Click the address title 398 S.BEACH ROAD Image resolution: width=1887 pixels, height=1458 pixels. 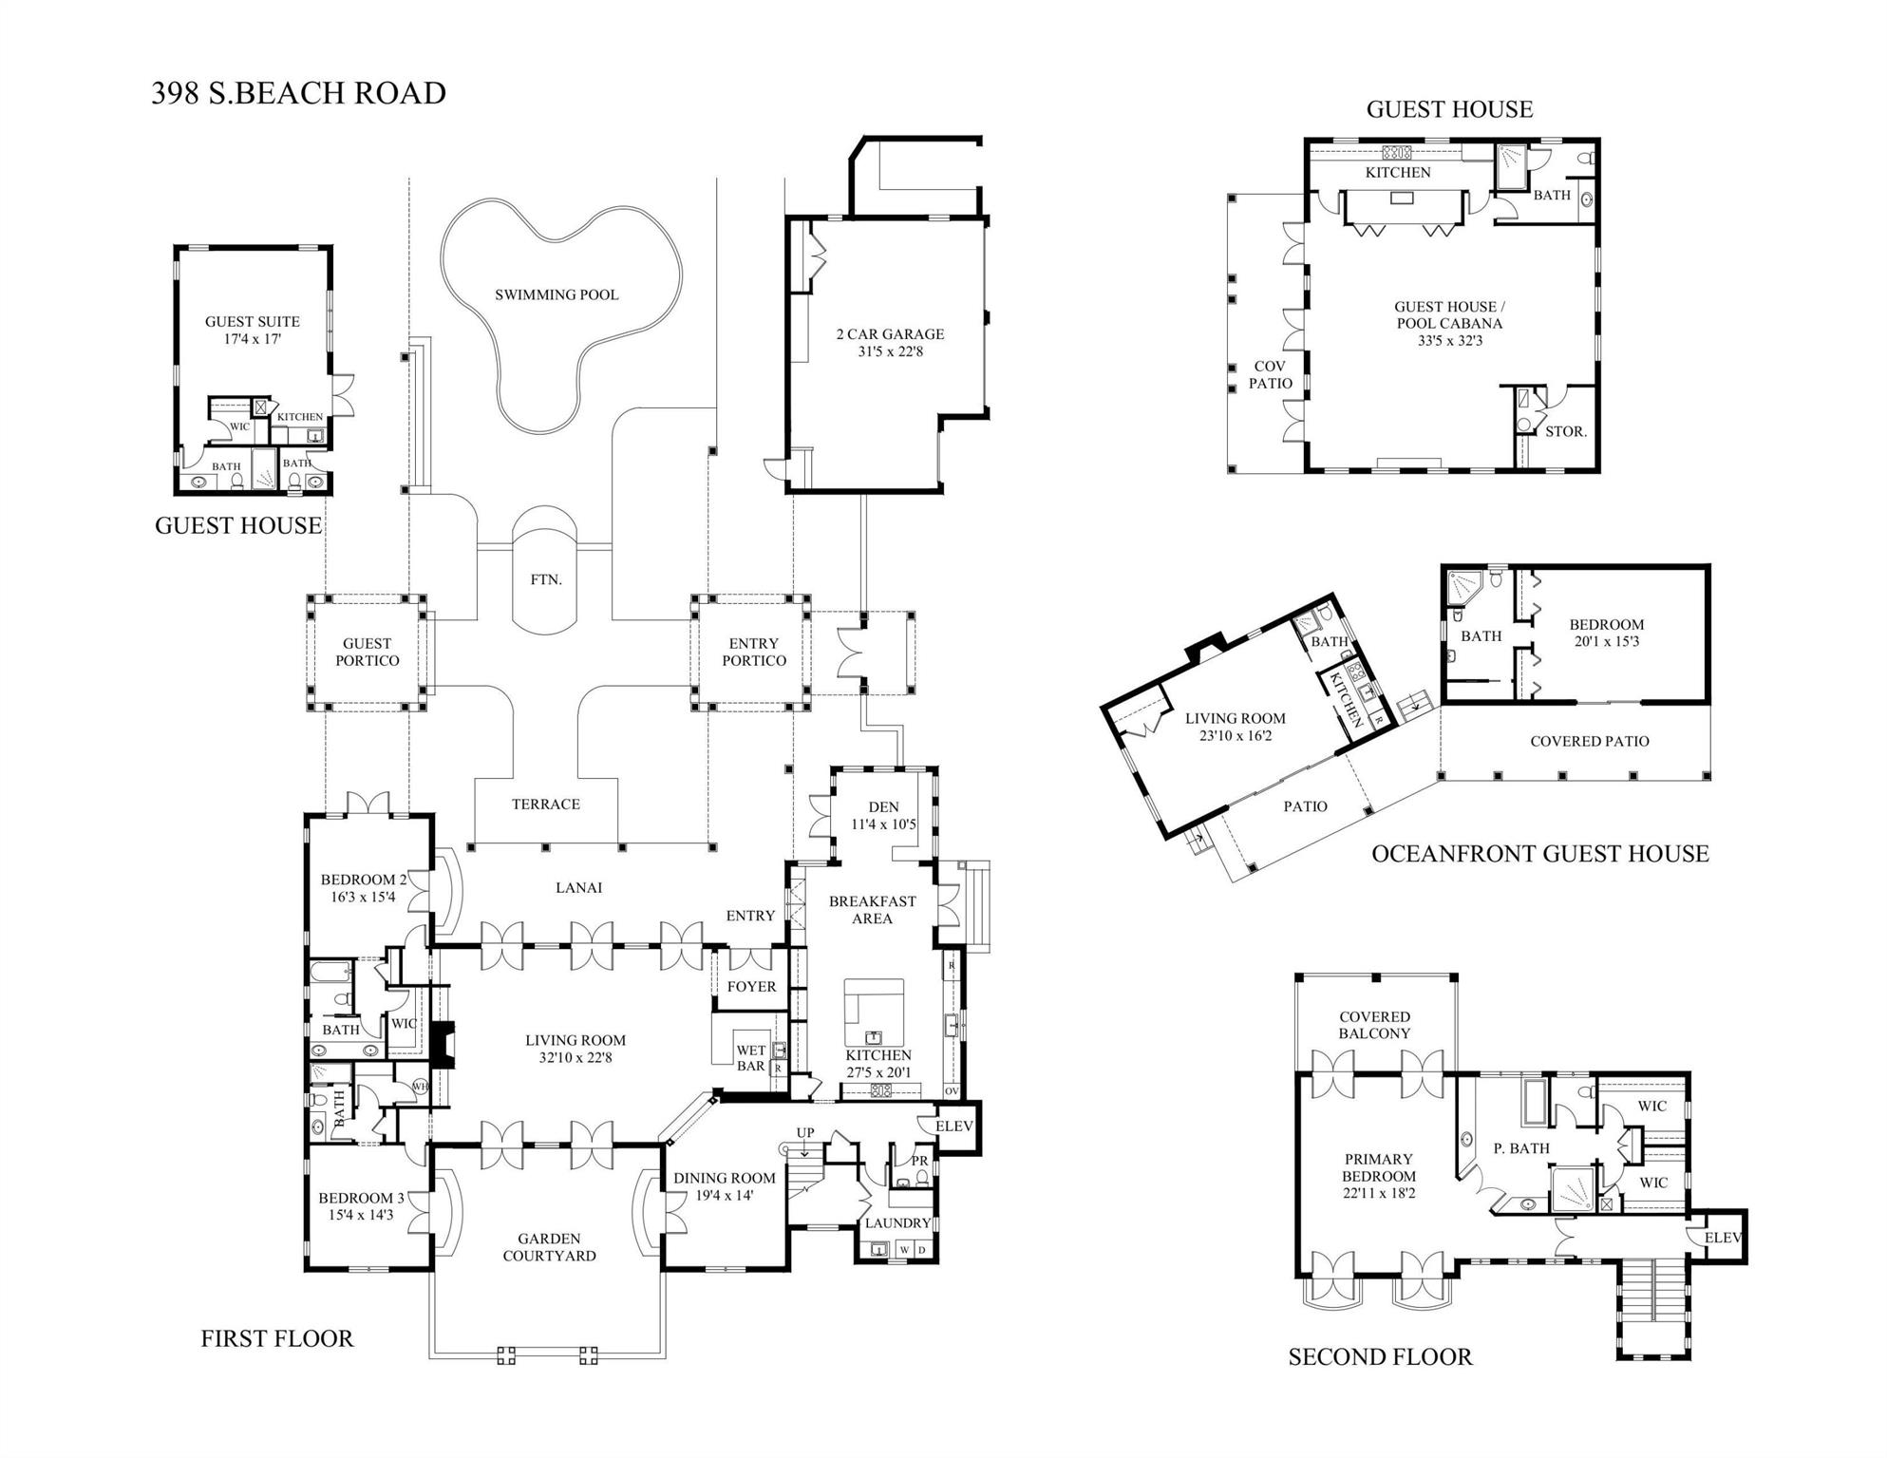point(298,93)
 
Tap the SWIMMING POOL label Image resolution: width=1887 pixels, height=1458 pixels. point(557,294)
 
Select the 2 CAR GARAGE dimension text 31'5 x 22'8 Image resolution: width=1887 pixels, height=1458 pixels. point(890,351)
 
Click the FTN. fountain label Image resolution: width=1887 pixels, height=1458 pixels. point(546,579)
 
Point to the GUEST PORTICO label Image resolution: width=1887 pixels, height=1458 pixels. point(367,652)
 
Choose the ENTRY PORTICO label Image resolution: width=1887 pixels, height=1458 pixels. point(754,652)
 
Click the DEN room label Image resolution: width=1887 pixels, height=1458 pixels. point(883,807)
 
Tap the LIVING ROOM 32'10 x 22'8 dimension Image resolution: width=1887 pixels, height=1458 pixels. point(576,1057)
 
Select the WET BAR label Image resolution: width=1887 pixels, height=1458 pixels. point(750,1058)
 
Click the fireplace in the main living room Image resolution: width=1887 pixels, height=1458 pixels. point(443,1039)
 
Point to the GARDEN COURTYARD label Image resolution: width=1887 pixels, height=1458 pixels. point(549,1247)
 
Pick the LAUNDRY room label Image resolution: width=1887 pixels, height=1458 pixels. point(896,1223)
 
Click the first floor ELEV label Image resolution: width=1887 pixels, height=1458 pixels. point(954,1126)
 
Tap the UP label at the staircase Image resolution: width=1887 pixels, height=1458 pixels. point(805,1132)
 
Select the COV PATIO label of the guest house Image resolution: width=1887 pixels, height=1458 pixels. point(1270,374)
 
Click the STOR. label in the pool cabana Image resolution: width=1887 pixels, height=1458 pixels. point(1565,431)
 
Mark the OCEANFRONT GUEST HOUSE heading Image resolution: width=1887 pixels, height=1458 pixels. point(1539,854)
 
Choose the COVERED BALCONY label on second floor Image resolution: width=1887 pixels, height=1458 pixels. point(1374,1025)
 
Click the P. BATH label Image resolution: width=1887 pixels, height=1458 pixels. point(1521,1148)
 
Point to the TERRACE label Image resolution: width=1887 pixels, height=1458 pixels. point(545,805)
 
